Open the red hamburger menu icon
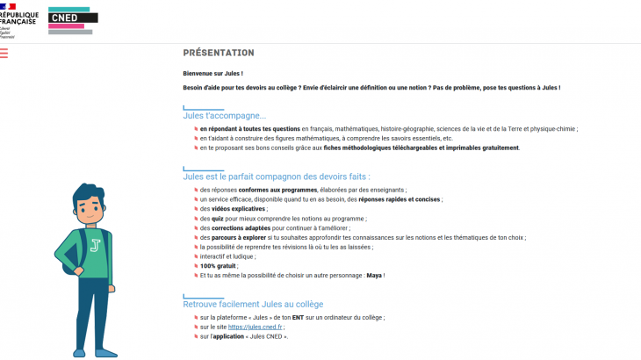[4, 54]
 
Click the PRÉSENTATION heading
[219, 53]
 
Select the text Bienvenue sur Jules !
[212, 74]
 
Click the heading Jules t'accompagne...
[224, 115]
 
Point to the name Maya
[372, 275]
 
